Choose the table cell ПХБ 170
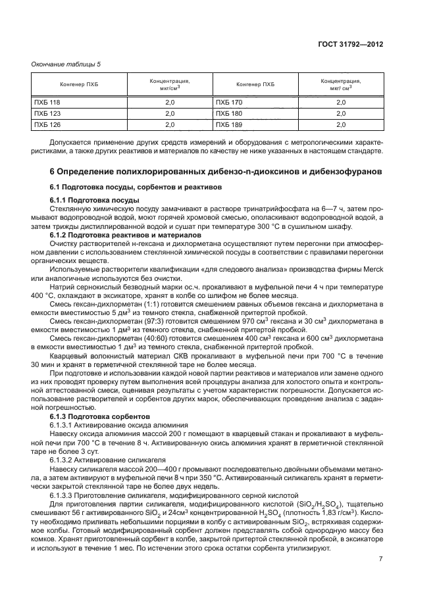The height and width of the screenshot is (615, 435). coord(229,103)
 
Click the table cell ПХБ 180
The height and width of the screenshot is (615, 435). coord(229,113)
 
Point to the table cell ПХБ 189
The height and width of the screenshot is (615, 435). coord(229,124)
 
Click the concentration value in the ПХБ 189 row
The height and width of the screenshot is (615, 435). coord(341,124)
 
